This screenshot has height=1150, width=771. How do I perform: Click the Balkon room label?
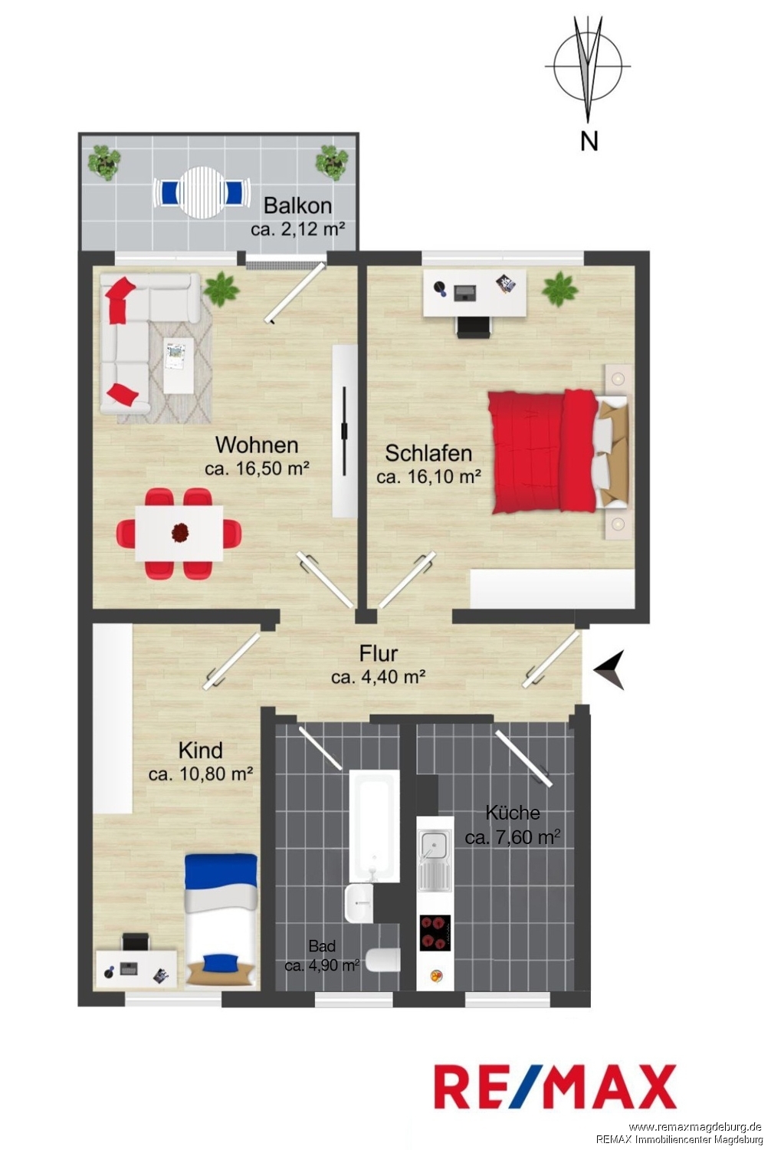[297, 205]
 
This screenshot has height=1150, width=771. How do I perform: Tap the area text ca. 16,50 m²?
[257, 468]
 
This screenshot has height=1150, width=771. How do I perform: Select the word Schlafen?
[428, 453]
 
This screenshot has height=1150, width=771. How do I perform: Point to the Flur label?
[379, 653]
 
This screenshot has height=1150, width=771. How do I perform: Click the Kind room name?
[200, 750]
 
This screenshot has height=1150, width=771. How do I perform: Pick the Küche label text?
[512, 812]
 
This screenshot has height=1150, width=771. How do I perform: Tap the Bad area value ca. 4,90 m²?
[322, 965]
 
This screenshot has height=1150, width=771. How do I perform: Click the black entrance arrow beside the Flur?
[610, 669]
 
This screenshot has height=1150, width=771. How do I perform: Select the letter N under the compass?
[589, 140]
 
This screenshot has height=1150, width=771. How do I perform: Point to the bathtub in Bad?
[374, 826]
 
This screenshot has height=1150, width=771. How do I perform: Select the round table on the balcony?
[201, 192]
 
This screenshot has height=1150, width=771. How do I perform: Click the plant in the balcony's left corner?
[104, 161]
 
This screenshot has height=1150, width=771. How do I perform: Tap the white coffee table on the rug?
[179, 365]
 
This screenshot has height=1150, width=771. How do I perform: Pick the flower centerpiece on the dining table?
[179, 532]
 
